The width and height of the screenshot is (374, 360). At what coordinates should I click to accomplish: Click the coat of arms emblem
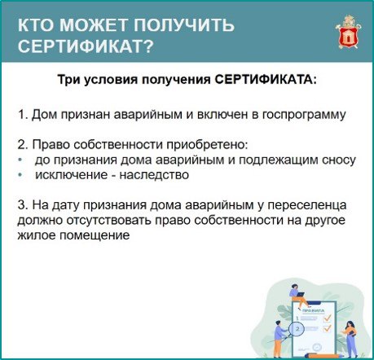click(x=348, y=33)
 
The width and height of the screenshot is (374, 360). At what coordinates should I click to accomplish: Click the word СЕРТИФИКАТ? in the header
click(x=86, y=46)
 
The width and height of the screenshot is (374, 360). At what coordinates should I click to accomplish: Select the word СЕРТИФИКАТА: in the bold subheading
click(x=266, y=80)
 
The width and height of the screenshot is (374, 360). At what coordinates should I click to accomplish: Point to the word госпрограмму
click(x=304, y=115)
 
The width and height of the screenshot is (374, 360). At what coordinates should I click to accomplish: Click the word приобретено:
click(x=207, y=145)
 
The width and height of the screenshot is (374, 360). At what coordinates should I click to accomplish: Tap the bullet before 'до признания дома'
click(x=20, y=160)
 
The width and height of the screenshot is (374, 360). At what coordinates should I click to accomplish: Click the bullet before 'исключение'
click(x=20, y=175)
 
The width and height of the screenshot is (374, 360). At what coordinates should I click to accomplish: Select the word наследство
click(x=154, y=175)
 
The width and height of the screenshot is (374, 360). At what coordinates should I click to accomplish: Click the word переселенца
click(x=307, y=205)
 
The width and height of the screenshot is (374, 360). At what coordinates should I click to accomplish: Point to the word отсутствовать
click(x=108, y=220)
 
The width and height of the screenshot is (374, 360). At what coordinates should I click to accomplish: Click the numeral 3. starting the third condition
click(x=22, y=204)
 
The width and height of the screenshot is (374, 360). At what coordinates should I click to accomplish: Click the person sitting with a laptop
click(x=297, y=296)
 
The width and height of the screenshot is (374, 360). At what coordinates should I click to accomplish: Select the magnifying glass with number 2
click(x=295, y=330)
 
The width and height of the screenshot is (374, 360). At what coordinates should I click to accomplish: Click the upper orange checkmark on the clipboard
click(x=328, y=317)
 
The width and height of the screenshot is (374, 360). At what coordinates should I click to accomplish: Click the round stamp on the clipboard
click(x=317, y=347)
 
